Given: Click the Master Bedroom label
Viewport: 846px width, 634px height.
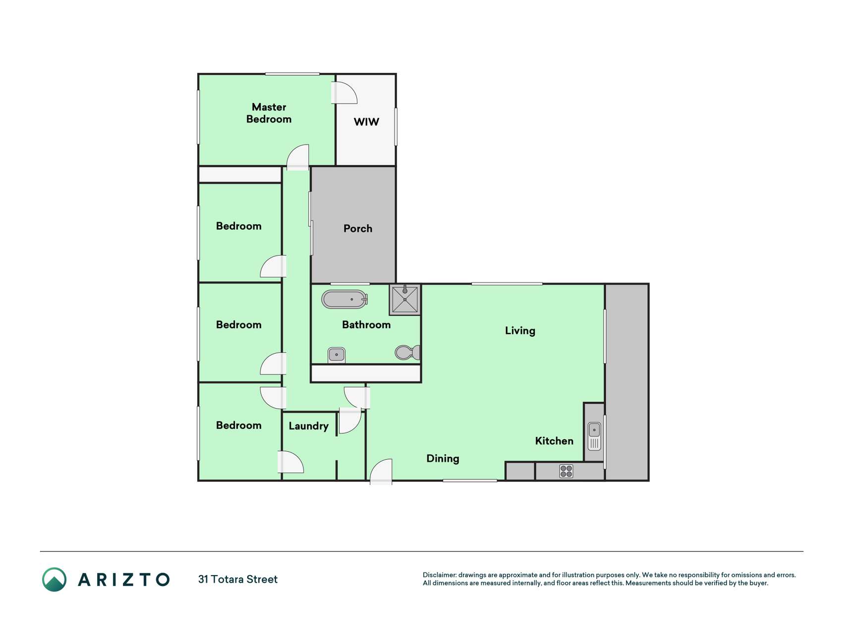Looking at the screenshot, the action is (269, 113).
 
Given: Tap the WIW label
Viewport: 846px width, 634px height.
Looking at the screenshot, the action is (366, 122).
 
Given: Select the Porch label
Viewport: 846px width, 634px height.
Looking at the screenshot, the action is (358, 228).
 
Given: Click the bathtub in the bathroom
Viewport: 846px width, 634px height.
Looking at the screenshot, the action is (344, 299).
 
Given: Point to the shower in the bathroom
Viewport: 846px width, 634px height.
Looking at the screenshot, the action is (405, 299).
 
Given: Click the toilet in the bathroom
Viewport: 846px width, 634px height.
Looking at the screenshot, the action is (408, 352).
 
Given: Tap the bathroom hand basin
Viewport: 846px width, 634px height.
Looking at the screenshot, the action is (337, 355).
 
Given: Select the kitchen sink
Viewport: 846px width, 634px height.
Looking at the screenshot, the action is (594, 436).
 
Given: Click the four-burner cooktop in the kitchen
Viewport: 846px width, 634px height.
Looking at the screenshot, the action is (566, 471).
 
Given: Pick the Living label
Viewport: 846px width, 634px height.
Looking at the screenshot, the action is (520, 331).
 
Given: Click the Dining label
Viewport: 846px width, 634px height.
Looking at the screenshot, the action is (443, 459).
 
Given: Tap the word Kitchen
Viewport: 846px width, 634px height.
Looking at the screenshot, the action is (554, 441).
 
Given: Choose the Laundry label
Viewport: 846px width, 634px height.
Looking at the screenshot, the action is (308, 426).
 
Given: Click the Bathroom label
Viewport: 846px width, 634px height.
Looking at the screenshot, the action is (366, 325).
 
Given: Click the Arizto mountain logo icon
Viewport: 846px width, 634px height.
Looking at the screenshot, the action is (54, 580).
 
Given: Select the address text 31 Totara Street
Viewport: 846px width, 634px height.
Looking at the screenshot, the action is (238, 580).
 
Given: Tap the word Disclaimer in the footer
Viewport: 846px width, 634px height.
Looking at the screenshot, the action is (440, 575).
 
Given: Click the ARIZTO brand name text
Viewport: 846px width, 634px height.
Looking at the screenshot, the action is (124, 580).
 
